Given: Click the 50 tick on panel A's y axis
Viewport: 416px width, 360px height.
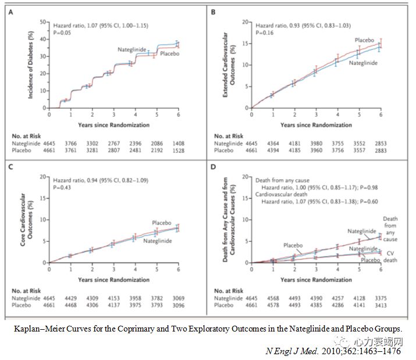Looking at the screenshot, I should tap(43, 22).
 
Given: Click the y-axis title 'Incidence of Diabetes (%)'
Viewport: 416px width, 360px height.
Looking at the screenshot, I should tap(31, 65).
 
